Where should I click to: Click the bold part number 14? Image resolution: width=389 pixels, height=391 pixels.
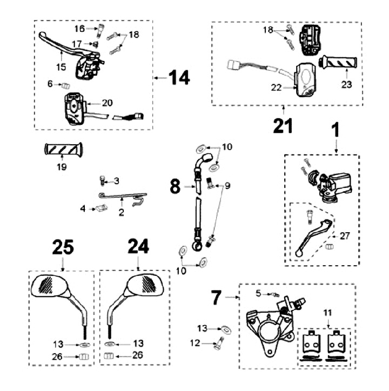pyautogui.click(x=179, y=78)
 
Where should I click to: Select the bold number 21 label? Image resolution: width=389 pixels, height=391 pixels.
pyautogui.click(x=283, y=125)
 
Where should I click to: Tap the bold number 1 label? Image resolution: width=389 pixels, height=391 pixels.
pyautogui.click(x=336, y=130)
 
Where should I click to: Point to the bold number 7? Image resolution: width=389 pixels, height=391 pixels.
pyautogui.click(x=216, y=296)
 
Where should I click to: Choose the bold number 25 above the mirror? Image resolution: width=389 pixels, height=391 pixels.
pyautogui.click(x=63, y=247)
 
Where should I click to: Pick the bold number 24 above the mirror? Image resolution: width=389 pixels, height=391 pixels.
pyautogui.click(x=138, y=247)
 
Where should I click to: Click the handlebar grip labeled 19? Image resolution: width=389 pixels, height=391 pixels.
pyautogui.click(x=62, y=149)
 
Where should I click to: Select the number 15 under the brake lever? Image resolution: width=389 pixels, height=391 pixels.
pyautogui.click(x=61, y=68)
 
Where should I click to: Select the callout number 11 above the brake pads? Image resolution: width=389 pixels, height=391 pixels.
pyautogui.click(x=330, y=313)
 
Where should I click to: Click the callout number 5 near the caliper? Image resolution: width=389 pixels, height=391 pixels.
pyautogui.click(x=258, y=293)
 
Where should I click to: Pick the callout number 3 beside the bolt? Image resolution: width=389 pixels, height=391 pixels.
pyautogui.click(x=116, y=180)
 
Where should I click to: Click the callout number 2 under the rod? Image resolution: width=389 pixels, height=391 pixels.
pyautogui.click(x=121, y=213)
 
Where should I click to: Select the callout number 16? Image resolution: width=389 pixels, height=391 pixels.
pyautogui.click(x=79, y=28)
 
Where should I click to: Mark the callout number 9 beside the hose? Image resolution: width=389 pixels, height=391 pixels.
pyautogui.click(x=227, y=186)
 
